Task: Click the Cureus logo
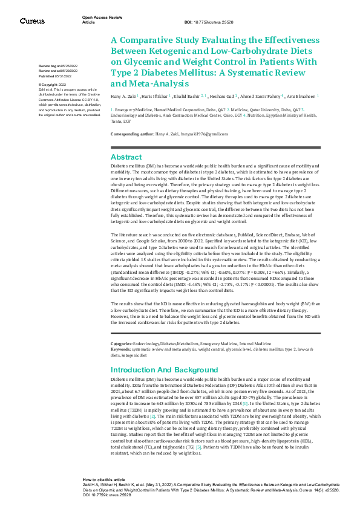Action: point(31,21)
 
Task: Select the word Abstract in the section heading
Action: point(126,156)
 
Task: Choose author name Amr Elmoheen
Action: point(299,97)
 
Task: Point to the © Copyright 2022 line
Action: point(53,85)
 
